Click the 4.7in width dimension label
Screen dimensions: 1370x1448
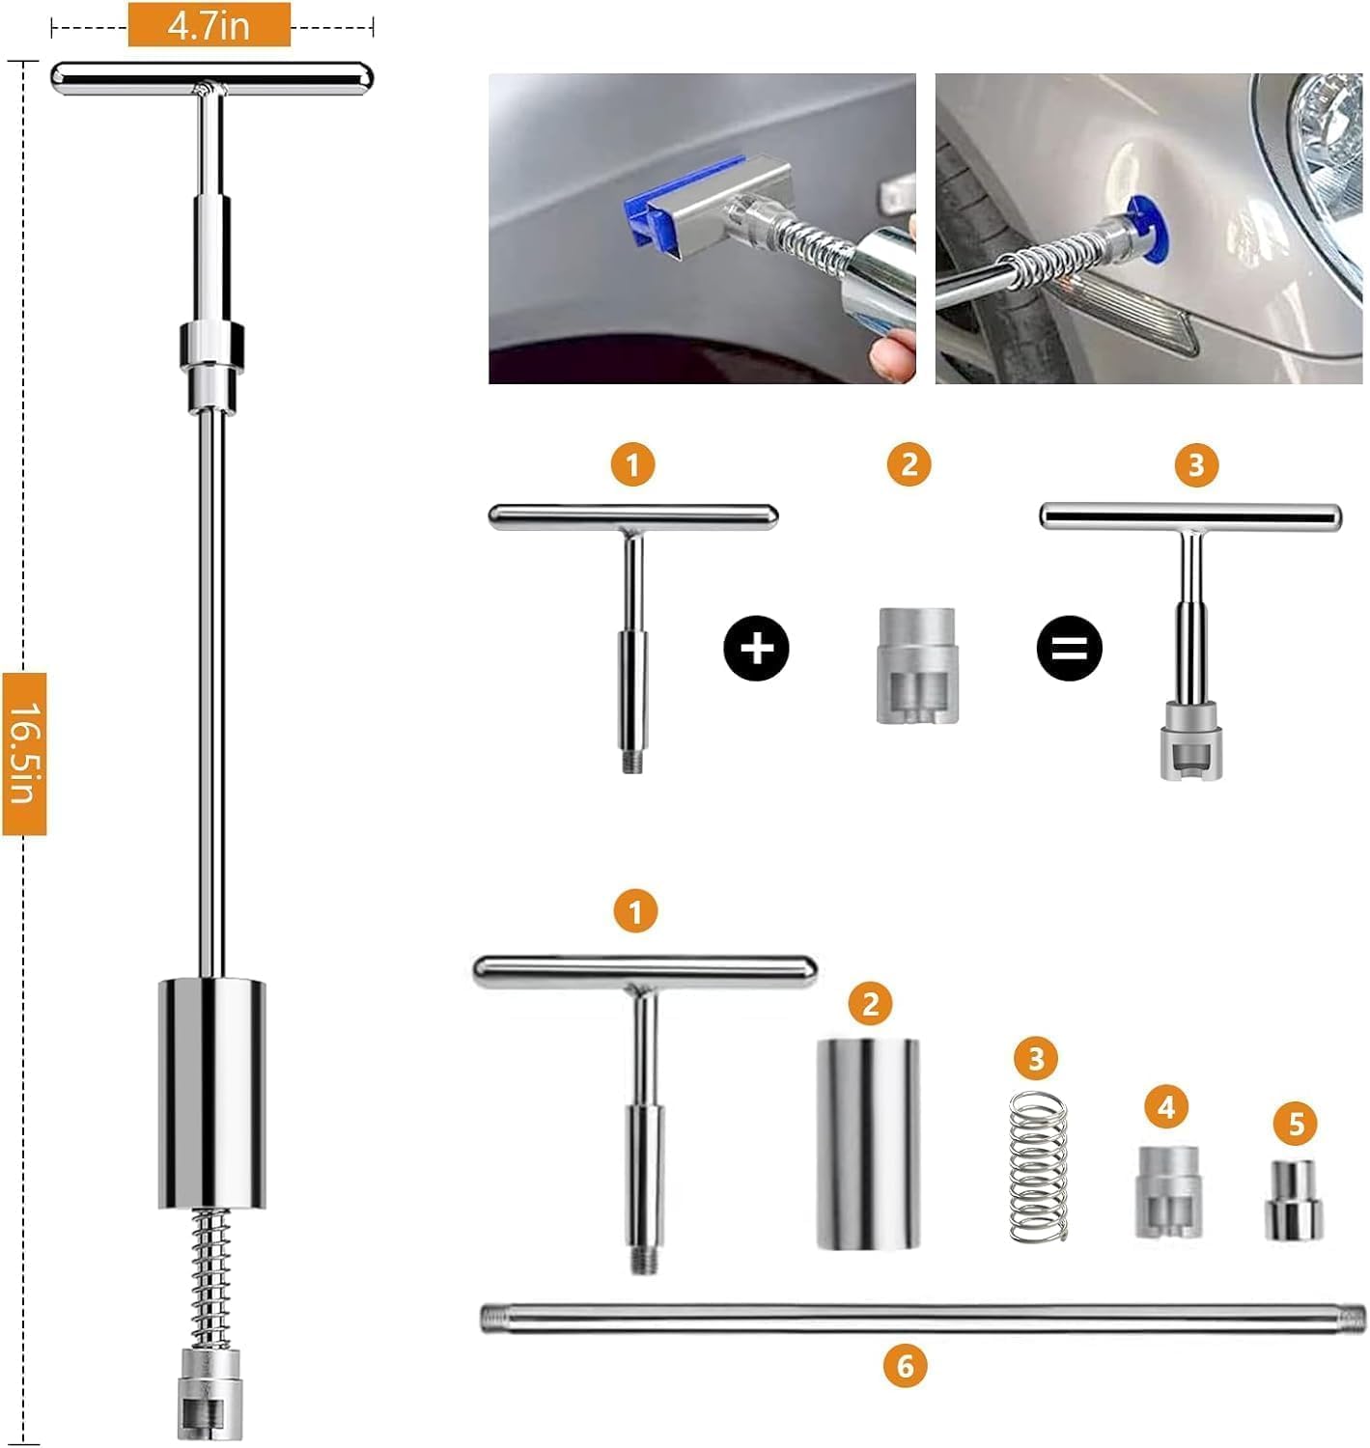click(x=210, y=25)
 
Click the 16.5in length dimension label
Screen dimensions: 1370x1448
click(x=24, y=754)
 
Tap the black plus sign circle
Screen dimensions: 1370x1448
click(x=757, y=648)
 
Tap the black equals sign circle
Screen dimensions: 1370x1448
click(x=1070, y=648)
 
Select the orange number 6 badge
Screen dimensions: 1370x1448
click(x=906, y=1366)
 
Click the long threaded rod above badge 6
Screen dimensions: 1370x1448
click(x=922, y=1319)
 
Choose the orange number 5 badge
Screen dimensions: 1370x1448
click(x=1296, y=1124)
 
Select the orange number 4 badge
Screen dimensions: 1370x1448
click(x=1166, y=1106)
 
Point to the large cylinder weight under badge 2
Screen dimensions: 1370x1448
click(x=868, y=1144)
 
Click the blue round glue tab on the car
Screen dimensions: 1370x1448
click(x=1145, y=229)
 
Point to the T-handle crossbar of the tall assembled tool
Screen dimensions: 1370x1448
click(x=212, y=77)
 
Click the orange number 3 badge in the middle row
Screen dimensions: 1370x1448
click(x=1196, y=464)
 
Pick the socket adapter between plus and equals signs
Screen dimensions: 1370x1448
click(x=917, y=665)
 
